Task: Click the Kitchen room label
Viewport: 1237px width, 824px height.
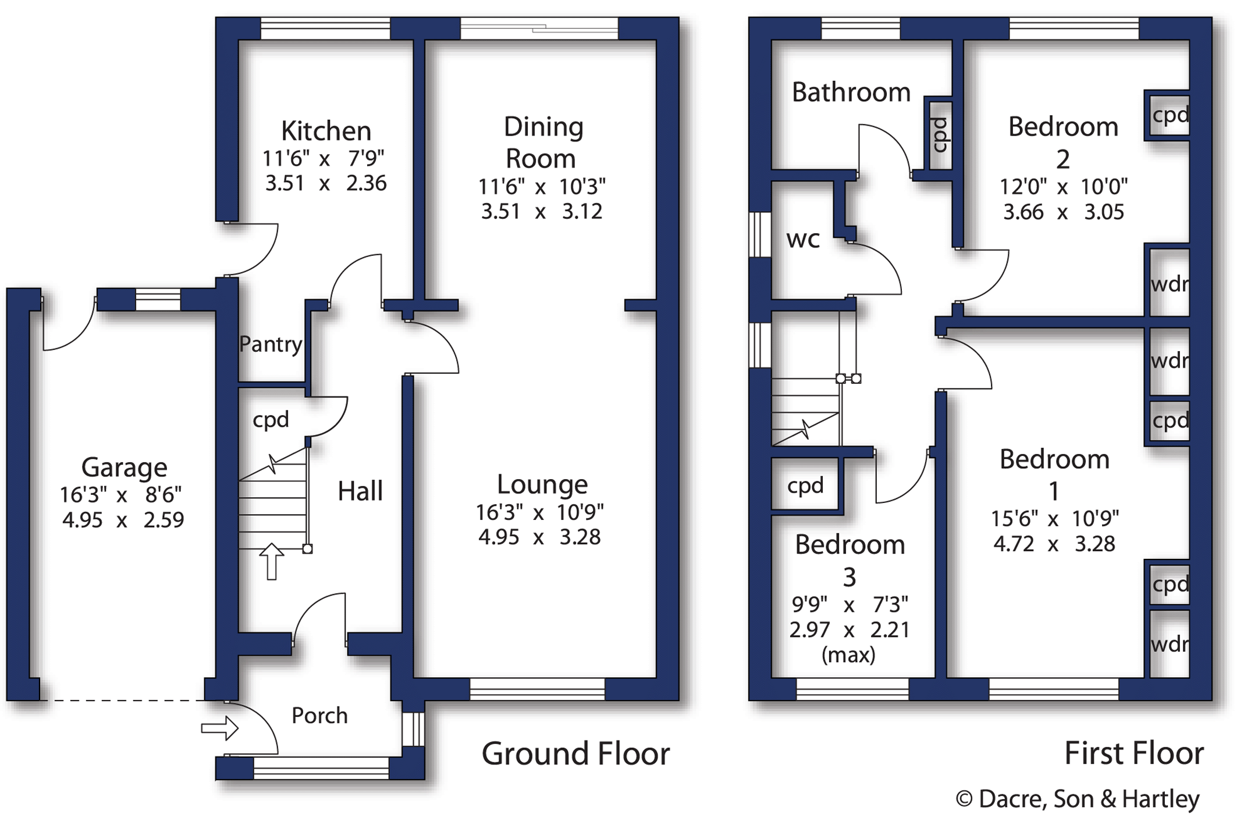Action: [326, 131]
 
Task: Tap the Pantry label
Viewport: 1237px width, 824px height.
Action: [271, 344]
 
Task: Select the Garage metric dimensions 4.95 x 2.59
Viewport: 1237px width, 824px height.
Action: [123, 520]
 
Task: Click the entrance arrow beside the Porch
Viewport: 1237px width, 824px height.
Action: [219, 728]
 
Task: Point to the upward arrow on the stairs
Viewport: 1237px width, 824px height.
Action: [271, 561]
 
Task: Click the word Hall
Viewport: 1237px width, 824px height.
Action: [360, 491]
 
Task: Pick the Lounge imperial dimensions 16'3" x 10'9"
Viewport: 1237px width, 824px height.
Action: [539, 512]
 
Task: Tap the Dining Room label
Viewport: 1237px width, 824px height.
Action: [542, 142]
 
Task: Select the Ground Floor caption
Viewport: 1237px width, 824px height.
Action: [575, 754]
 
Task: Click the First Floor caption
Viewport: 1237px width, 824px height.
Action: [1133, 754]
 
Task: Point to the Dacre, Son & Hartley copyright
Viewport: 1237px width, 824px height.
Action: [1077, 799]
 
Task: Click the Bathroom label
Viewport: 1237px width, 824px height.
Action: [851, 92]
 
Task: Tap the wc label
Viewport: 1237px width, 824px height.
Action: [802, 239]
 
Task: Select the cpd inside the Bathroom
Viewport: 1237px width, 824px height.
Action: [939, 135]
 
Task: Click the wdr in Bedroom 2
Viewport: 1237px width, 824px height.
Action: [1169, 284]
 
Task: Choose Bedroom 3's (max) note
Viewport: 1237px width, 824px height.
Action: [848, 655]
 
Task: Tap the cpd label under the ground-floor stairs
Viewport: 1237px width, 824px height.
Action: [271, 419]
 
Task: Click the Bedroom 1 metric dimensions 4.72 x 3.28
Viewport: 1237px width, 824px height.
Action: [1054, 544]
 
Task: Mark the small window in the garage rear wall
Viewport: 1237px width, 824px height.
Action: [158, 300]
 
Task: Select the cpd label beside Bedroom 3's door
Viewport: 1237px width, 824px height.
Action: [805, 486]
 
